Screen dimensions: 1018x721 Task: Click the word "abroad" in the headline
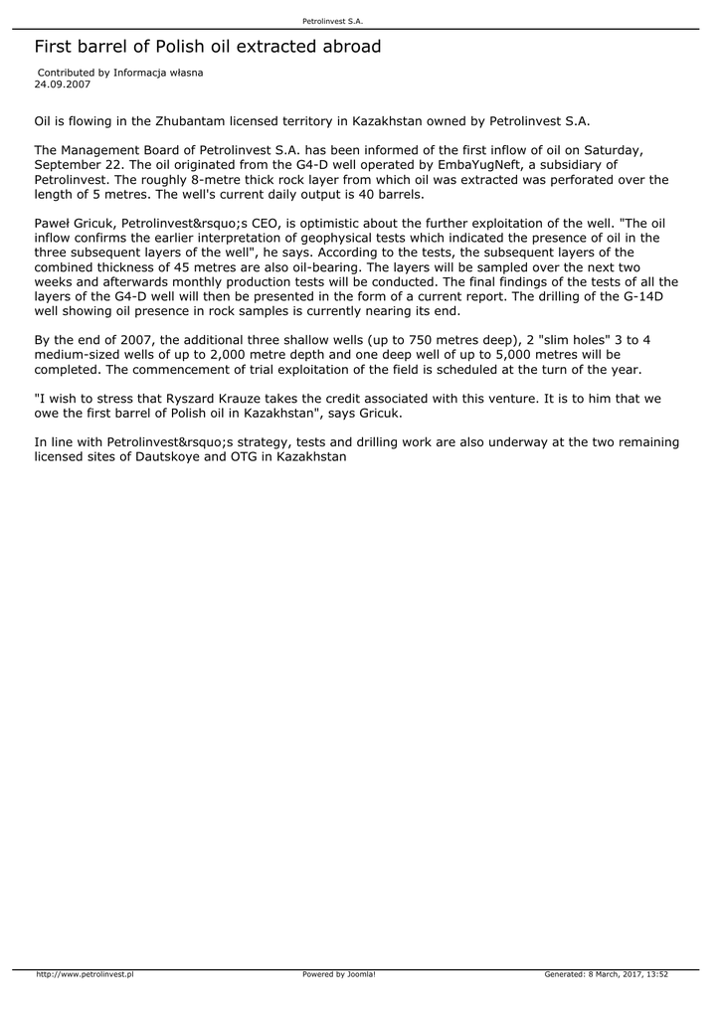347,47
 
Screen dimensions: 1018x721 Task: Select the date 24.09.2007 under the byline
62,85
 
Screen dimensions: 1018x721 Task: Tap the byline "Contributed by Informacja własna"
120,74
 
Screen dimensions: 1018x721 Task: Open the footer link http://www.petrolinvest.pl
85,974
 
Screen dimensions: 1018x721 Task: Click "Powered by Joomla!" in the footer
339,974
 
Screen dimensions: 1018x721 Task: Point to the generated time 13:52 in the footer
656,974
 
